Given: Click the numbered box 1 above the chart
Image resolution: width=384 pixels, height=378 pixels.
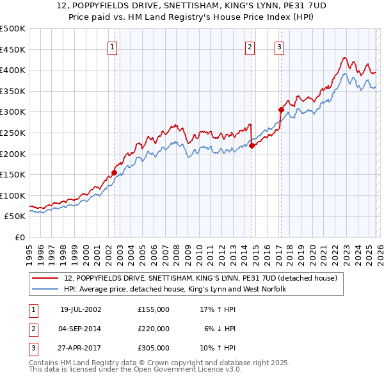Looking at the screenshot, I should (x=112, y=46).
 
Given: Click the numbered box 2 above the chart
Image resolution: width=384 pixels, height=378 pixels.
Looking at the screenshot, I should (x=249, y=46).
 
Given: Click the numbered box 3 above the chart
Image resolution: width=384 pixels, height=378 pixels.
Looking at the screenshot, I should (x=280, y=46).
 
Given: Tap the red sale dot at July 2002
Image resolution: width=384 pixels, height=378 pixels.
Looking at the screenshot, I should (x=114, y=172).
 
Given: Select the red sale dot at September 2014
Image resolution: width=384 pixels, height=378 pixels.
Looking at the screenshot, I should (x=252, y=145).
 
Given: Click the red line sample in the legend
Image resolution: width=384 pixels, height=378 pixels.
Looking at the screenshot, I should (x=46, y=278).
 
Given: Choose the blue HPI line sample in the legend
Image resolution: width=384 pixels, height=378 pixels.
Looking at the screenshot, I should (x=46, y=289).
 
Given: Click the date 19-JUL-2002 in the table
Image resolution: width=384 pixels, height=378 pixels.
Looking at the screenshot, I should (x=81, y=309).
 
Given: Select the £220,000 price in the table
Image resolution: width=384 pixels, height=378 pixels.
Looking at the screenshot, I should (x=154, y=329).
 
